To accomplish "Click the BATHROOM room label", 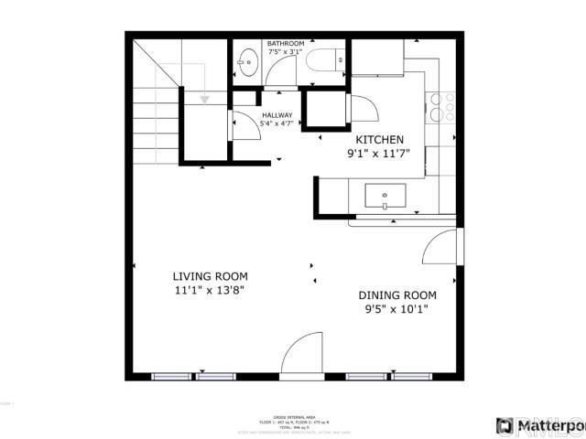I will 286,43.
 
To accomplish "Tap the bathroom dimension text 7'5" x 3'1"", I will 286,53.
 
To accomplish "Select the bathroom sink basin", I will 246,63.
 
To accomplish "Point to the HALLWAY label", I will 277,114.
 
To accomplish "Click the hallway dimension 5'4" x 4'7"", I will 277,123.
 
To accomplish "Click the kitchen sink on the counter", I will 385,195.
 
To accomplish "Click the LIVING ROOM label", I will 210,275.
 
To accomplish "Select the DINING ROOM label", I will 396,294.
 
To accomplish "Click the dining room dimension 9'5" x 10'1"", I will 396,308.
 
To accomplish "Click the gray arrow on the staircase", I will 205,97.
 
